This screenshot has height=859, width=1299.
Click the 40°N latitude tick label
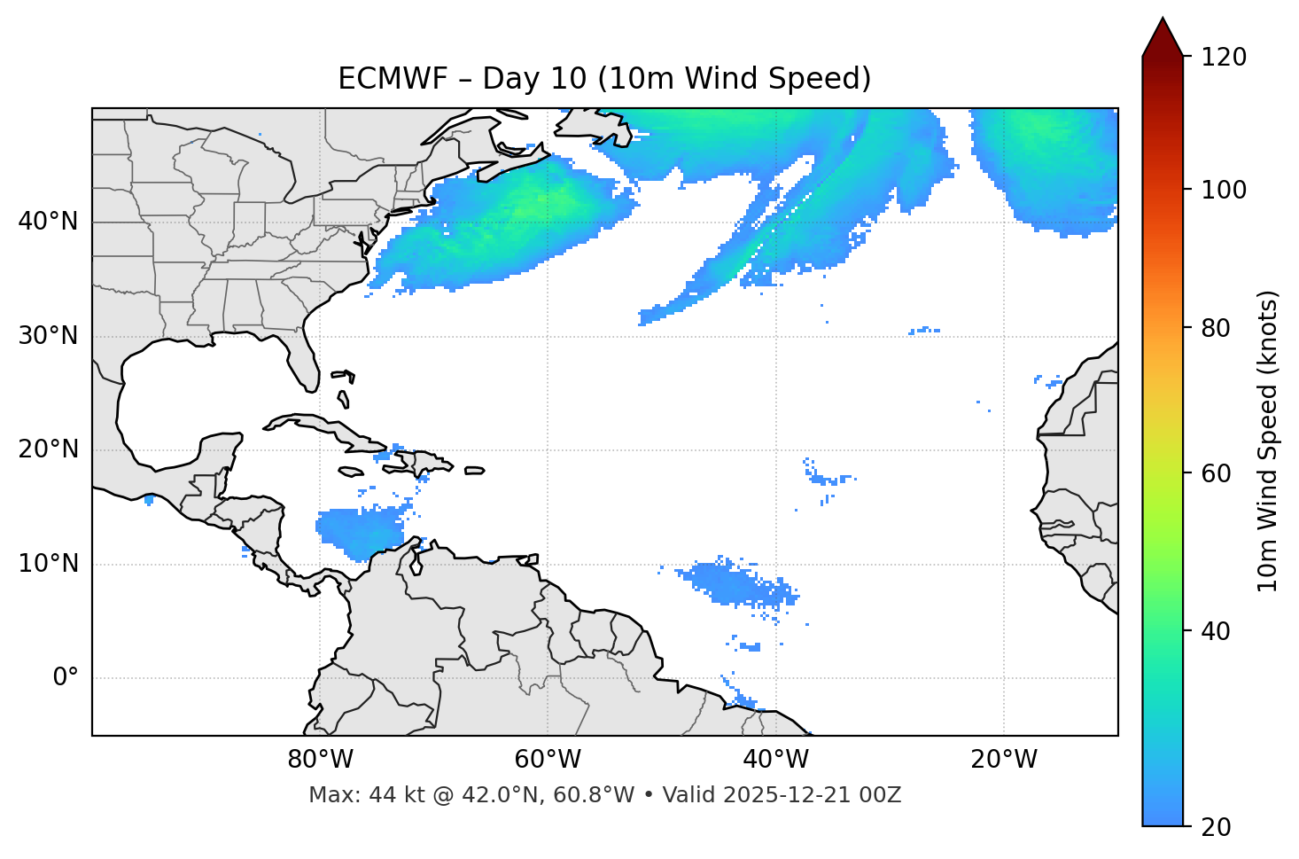pyautogui.click(x=48, y=221)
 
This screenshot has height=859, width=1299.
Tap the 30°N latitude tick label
pyautogui.click(x=48, y=336)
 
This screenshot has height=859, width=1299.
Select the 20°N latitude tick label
pyautogui.click(x=48, y=449)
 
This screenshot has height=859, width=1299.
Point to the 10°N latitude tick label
pyautogui.click(x=48, y=564)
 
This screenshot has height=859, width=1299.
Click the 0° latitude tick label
pyautogui.click(x=66, y=678)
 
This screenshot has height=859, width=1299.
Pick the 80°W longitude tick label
pyautogui.click(x=320, y=760)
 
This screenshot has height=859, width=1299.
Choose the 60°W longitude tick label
pyautogui.click(x=548, y=760)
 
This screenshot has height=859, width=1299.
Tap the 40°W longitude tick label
pyautogui.click(x=776, y=760)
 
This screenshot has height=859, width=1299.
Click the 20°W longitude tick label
pyautogui.click(x=1004, y=760)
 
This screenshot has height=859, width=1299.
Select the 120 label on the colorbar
pyautogui.click(x=1224, y=57)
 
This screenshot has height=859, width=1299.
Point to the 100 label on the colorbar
pyautogui.click(x=1224, y=190)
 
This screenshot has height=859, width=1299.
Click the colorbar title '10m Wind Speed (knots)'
pyautogui.click(x=1268, y=441)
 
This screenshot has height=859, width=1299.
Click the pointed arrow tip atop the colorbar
pyautogui.click(x=1163, y=21)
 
